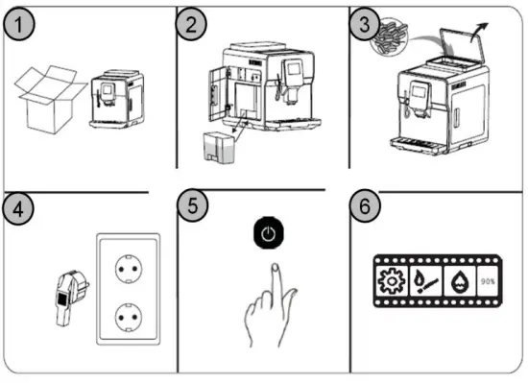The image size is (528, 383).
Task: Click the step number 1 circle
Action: [19, 25]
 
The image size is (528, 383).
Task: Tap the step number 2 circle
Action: [191, 25]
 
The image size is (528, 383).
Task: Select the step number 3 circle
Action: [365, 25]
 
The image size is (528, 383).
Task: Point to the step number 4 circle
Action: [18, 209]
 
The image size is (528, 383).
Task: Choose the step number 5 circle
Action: [193, 205]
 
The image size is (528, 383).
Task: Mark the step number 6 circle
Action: [365, 205]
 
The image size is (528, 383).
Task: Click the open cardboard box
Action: [50, 100]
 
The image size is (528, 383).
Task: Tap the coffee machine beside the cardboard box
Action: [117, 99]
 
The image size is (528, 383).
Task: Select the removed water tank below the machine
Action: [220, 148]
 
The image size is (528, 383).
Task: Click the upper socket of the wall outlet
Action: [129, 269]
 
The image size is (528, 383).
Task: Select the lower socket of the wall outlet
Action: [129, 317]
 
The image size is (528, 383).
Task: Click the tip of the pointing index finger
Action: [276, 267]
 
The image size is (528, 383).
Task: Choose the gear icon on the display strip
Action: [392, 280]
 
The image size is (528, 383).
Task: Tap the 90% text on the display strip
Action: [488, 281]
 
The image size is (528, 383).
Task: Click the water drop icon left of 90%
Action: [459, 280]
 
